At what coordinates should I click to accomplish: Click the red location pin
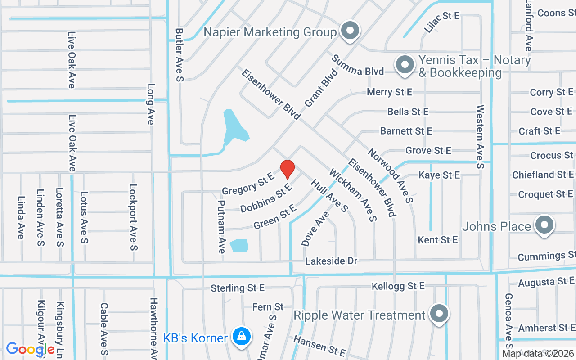click(x=288, y=169)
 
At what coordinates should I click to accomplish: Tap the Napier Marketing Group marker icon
click(x=350, y=31)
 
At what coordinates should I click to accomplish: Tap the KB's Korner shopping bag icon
click(x=242, y=337)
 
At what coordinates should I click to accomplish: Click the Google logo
click(x=30, y=349)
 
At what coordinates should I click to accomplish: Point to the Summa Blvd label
click(x=358, y=65)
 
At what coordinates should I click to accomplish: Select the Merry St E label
click(x=389, y=92)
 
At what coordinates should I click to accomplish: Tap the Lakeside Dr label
click(x=331, y=261)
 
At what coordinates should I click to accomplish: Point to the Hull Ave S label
click(x=329, y=195)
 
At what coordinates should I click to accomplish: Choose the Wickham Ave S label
click(x=352, y=195)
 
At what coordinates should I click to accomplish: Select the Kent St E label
click(x=437, y=240)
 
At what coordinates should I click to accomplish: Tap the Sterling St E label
click(x=238, y=288)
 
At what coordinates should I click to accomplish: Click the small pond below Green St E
click(x=239, y=245)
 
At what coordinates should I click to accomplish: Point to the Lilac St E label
click(x=442, y=22)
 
